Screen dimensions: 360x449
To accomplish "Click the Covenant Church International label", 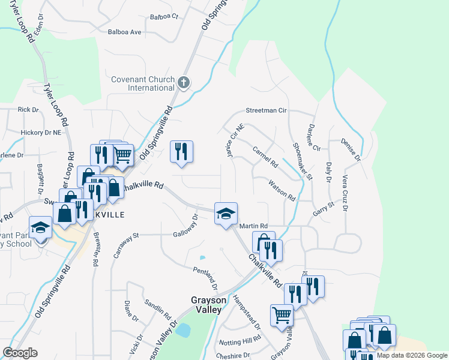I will [143, 83].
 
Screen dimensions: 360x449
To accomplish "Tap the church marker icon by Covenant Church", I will [184, 83].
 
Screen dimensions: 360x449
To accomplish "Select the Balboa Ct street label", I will [164, 17].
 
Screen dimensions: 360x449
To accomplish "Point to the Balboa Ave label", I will [124, 32].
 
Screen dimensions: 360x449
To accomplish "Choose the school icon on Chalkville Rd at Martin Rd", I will [226, 214].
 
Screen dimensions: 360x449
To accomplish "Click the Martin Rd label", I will [253, 226].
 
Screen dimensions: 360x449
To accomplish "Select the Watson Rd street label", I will [282, 190].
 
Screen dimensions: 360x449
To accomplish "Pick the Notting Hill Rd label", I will [240, 342].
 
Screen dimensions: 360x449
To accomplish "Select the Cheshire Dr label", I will [233, 355].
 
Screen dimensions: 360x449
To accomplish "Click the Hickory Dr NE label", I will [41, 132].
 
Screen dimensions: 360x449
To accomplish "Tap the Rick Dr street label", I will [28, 110].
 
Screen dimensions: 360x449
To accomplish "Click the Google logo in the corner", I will [20, 353].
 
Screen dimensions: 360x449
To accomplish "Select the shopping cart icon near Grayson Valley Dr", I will [282, 314].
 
